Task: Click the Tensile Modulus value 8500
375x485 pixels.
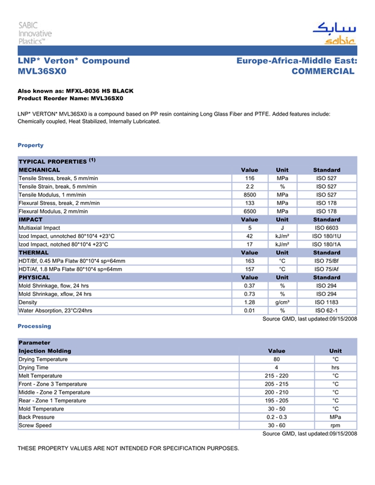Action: click(x=249, y=195)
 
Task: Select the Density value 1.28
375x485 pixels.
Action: click(x=249, y=302)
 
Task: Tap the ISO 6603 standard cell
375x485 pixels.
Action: click(x=326, y=228)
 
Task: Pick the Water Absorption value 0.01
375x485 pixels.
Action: click(x=249, y=310)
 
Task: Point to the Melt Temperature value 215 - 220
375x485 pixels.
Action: click(x=276, y=376)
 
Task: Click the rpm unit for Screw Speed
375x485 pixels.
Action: click(x=335, y=426)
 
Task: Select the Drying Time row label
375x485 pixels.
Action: click(x=33, y=368)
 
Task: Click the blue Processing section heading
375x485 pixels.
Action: click(x=34, y=326)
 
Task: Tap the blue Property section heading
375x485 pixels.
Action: click(x=31, y=145)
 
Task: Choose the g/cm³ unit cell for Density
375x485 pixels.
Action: click(x=282, y=302)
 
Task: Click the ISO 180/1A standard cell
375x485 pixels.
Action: click(x=326, y=244)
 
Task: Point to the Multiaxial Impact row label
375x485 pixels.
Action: click(x=40, y=228)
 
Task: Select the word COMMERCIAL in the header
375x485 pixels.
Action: click(x=323, y=71)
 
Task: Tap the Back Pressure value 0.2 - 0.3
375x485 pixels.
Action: click(x=276, y=417)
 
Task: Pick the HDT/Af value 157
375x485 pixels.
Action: click(x=249, y=269)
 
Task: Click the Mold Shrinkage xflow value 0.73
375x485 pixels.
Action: click(x=249, y=294)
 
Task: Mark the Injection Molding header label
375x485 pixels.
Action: click(x=45, y=351)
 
